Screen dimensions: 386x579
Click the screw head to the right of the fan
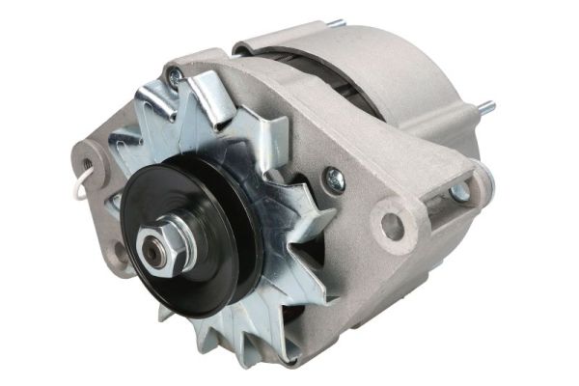click(x=334, y=177)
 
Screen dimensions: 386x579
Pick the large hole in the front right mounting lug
click(x=392, y=226)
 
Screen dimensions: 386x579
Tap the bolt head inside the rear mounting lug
click(x=460, y=192)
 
